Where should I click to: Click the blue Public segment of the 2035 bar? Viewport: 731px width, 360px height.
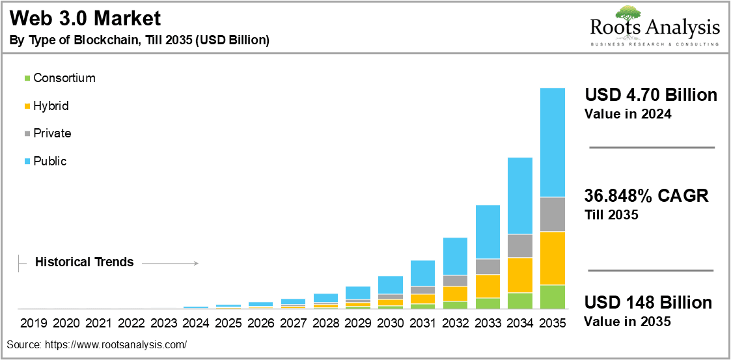pyautogui.click(x=553, y=142)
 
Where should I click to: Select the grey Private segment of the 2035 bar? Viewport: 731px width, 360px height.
pyautogui.click(x=553, y=215)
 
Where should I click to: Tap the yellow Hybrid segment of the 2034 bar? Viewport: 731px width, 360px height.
pyautogui.click(x=520, y=275)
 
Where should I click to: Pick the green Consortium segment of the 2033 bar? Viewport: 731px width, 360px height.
pyautogui.click(x=488, y=303)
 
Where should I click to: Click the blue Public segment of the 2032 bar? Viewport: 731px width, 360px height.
pyautogui.click(x=455, y=256)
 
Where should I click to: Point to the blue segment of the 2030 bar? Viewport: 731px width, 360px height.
pyautogui.click(x=390, y=285)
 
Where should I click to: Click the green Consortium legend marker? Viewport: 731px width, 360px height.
pyautogui.click(x=27, y=78)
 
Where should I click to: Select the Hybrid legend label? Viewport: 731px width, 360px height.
pyautogui.click(x=51, y=106)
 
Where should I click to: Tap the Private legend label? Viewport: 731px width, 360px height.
pyautogui.click(x=52, y=133)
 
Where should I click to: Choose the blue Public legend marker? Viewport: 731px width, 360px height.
pyautogui.click(x=27, y=161)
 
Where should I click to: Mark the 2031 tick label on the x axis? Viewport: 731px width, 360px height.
pyautogui.click(x=422, y=323)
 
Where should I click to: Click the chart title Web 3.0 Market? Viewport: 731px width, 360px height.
pyautogui.click(x=85, y=19)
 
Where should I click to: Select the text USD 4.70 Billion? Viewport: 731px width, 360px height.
pyautogui.click(x=651, y=95)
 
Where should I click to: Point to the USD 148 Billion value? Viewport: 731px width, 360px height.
pyautogui.click(x=648, y=303)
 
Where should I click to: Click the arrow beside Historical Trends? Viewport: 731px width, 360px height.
pyautogui.click(x=170, y=264)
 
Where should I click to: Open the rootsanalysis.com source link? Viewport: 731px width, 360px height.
pyautogui.click(x=115, y=345)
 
